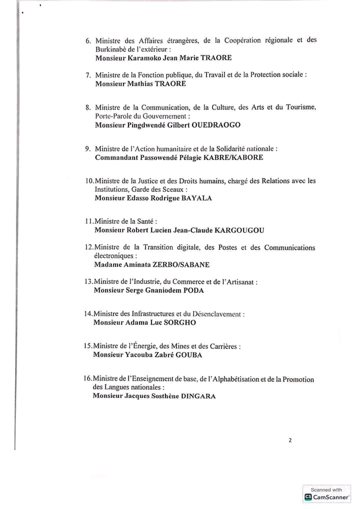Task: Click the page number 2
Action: pyautogui.click(x=290, y=440)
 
